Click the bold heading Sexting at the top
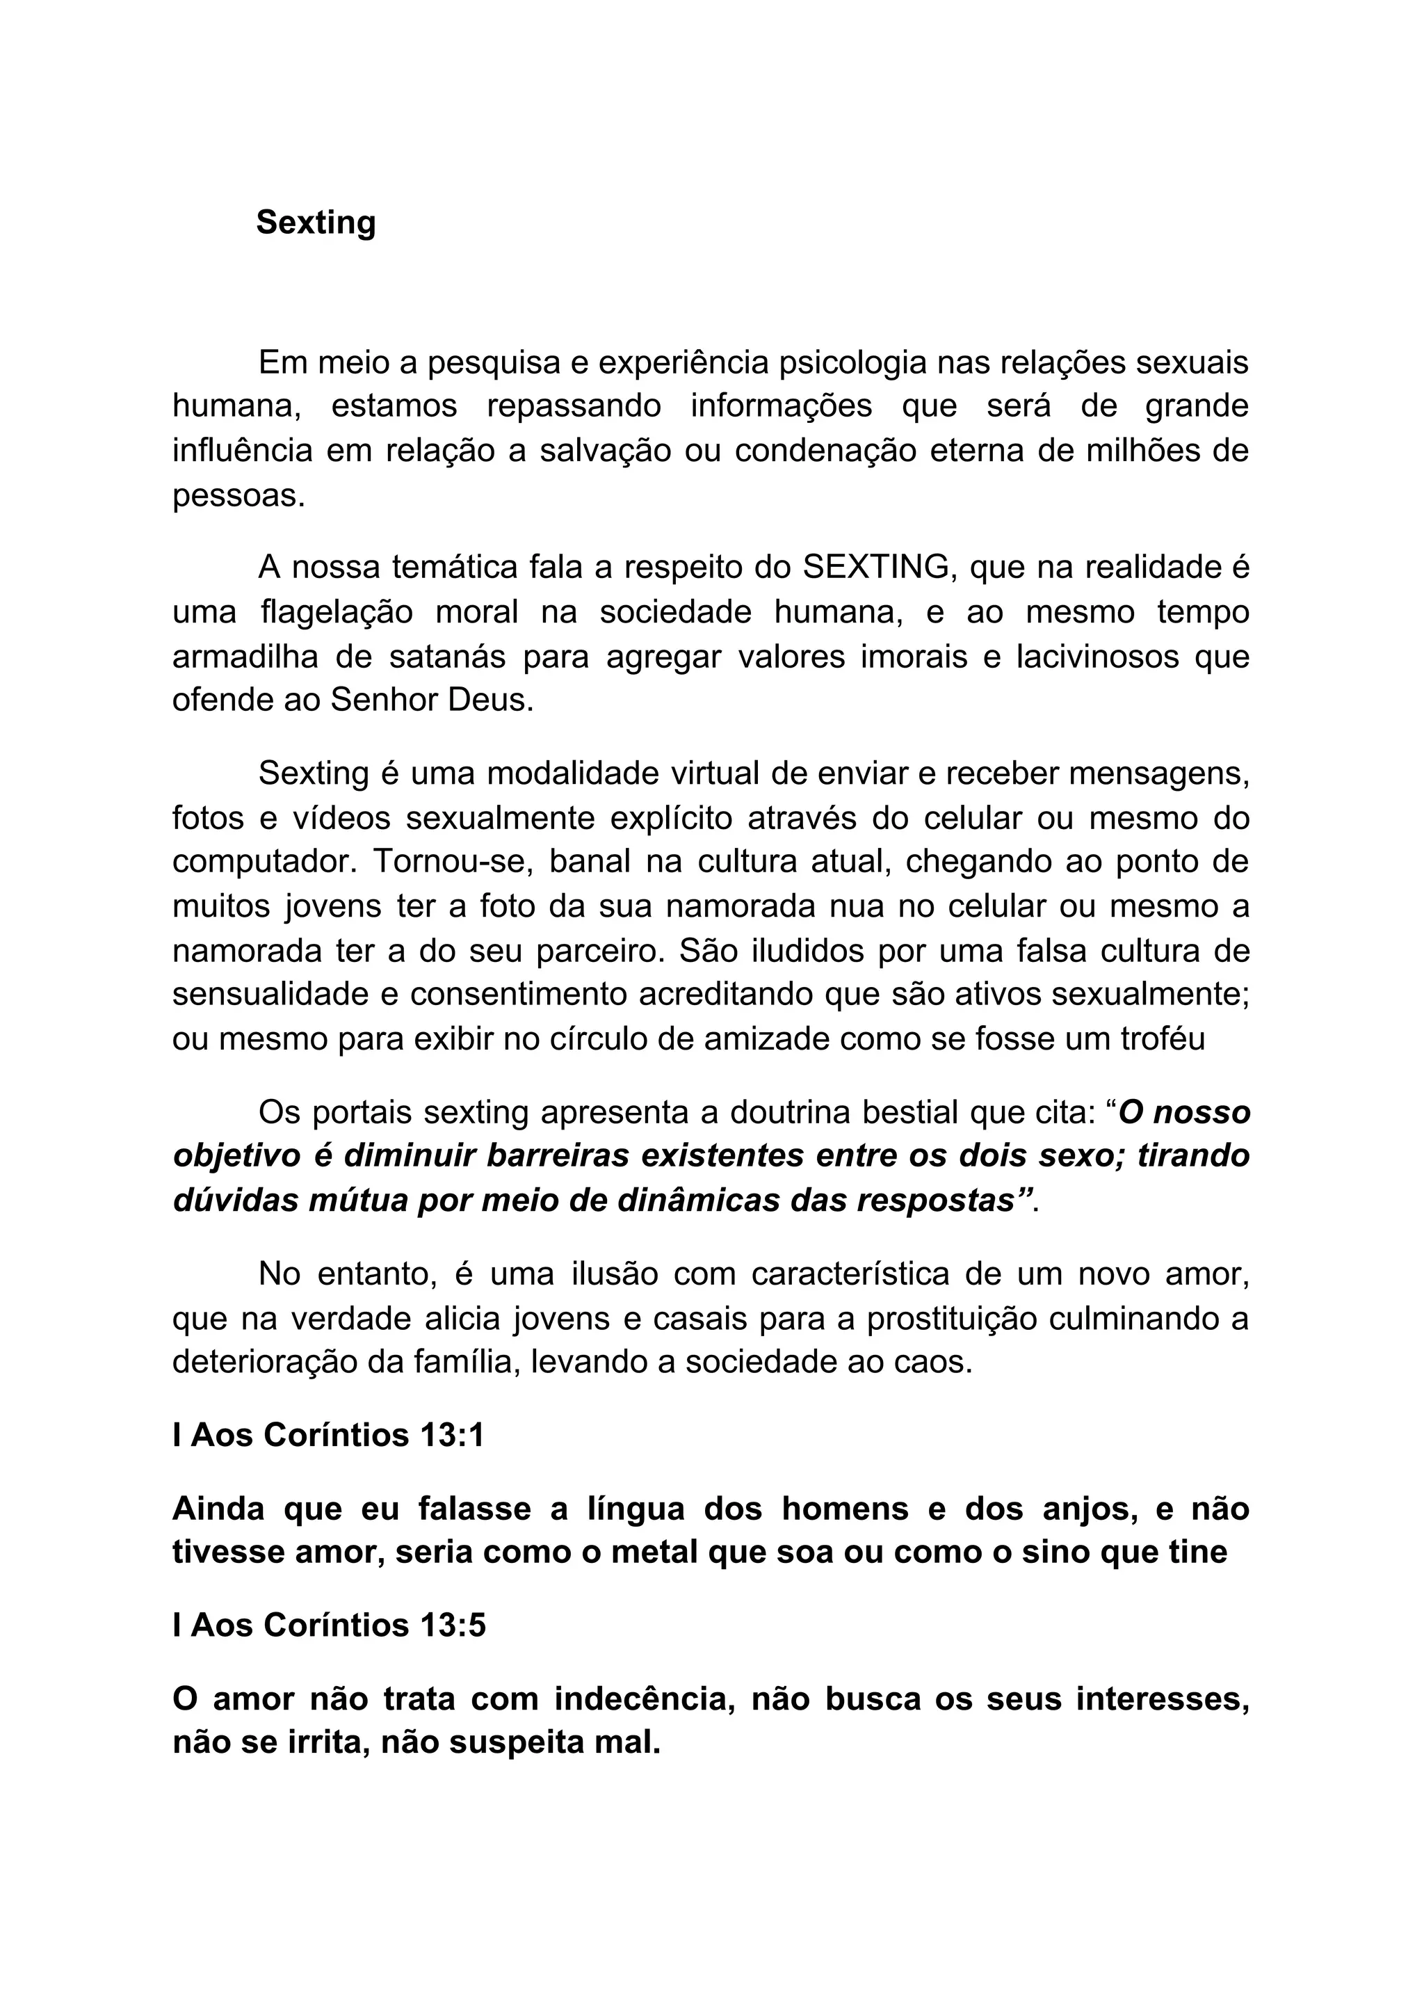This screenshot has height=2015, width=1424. (x=316, y=223)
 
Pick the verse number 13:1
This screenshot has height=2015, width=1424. (x=452, y=1435)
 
